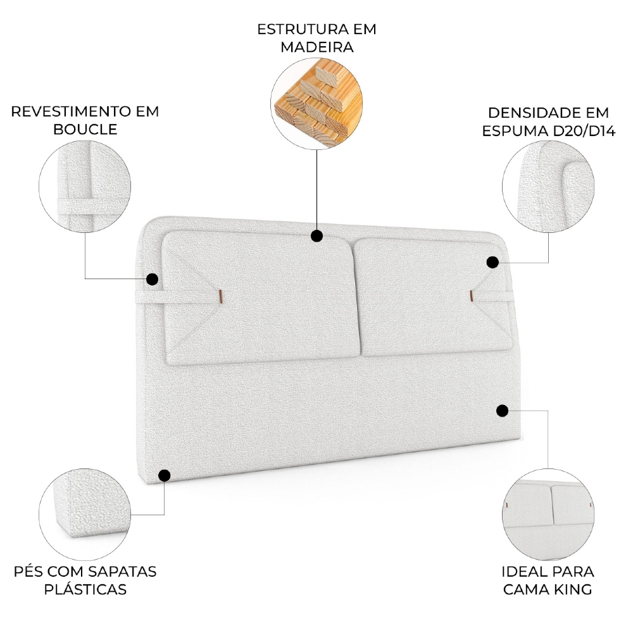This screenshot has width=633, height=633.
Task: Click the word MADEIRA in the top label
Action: tap(316, 47)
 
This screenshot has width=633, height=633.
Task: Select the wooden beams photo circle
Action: tap(316, 105)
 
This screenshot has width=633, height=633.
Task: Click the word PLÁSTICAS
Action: tap(85, 589)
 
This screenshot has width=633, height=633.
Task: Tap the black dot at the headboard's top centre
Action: tap(317, 236)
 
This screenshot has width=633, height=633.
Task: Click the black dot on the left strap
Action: tap(152, 279)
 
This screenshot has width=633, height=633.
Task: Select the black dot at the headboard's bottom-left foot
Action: tap(165, 475)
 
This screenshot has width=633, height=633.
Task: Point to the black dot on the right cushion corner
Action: tap(493, 261)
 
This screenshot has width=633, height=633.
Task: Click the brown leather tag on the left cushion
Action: tap(219, 295)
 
